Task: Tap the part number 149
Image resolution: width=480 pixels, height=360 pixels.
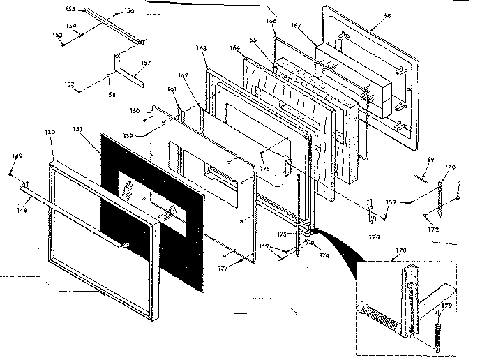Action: pyautogui.click(x=17, y=156)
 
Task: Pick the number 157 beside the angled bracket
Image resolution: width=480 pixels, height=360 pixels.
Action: pyautogui.click(x=147, y=63)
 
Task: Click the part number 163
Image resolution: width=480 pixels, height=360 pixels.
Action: pyautogui.click(x=201, y=48)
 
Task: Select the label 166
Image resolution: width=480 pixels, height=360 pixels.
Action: pyautogui.click(x=271, y=22)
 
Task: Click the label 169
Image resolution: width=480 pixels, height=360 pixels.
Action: pyautogui.click(x=430, y=160)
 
